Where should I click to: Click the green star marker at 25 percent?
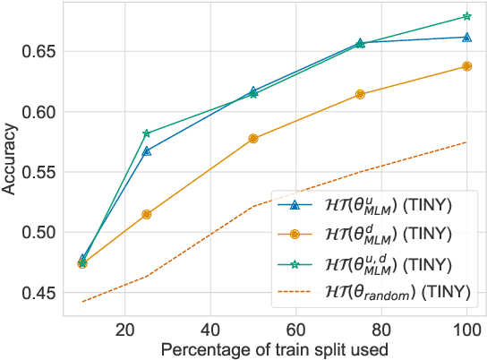click(x=147, y=133)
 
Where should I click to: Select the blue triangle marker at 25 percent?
click(x=147, y=151)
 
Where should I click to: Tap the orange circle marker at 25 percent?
click(x=147, y=214)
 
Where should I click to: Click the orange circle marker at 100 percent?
click(x=466, y=66)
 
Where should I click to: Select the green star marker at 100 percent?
click(x=466, y=16)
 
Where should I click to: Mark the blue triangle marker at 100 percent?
click(x=466, y=37)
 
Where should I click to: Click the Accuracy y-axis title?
click(x=11, y=161)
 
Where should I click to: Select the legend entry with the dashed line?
click(x=376, y=289)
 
